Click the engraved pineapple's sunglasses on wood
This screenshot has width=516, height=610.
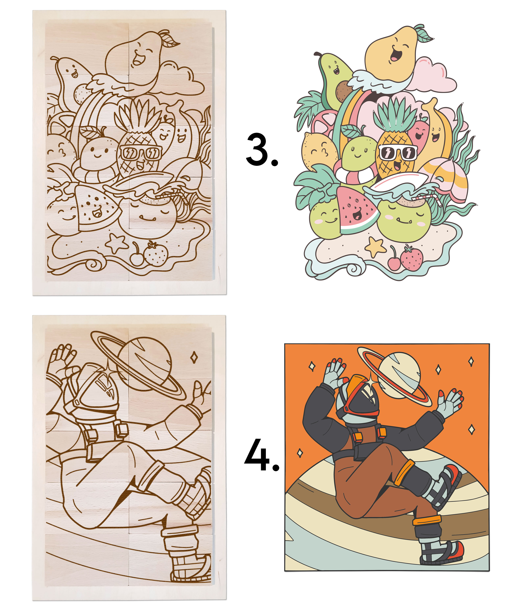pos(140,152)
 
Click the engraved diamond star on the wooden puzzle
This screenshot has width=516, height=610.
pos(194,357)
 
